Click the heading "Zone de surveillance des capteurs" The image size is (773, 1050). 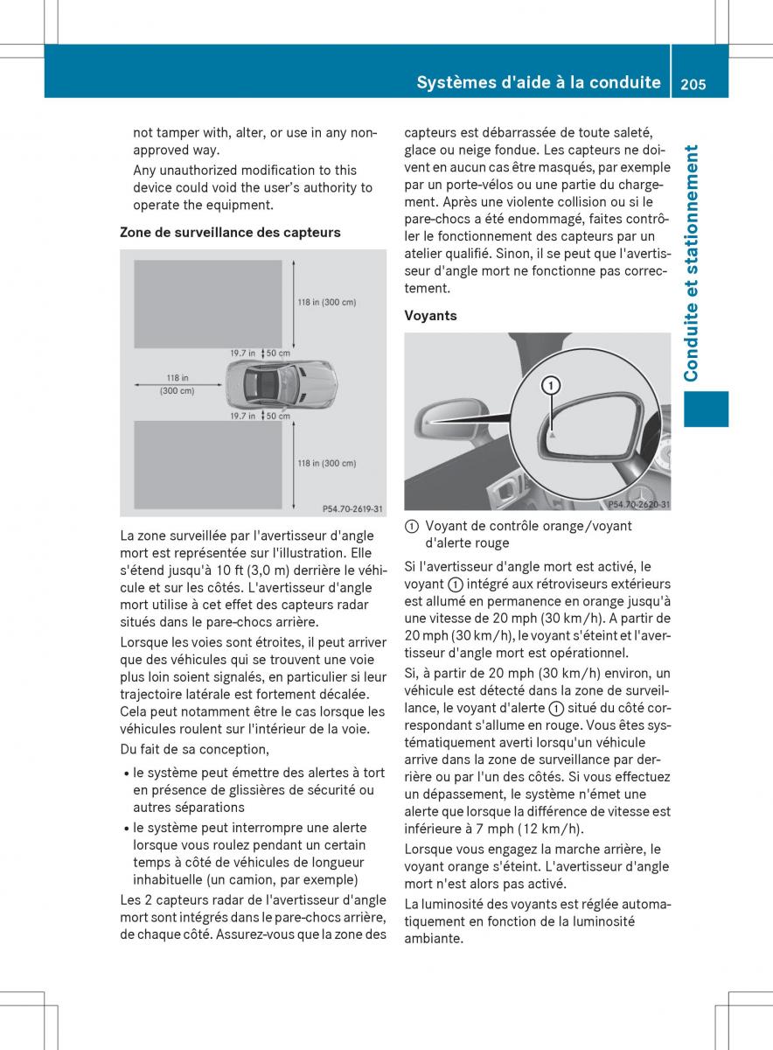coord(230,233)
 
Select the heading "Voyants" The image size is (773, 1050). coord(430,316)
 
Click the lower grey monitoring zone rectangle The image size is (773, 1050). coord(206,464)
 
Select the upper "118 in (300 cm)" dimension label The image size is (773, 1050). coord(327,303)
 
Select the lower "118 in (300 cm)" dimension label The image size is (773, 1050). coord(327,464)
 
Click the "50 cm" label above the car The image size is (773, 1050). coord(277,353)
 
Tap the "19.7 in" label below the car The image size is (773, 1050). coord(242,416)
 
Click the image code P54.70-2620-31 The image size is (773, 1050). coord(638,504)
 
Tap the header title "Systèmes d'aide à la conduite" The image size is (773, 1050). coord(539,83)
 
